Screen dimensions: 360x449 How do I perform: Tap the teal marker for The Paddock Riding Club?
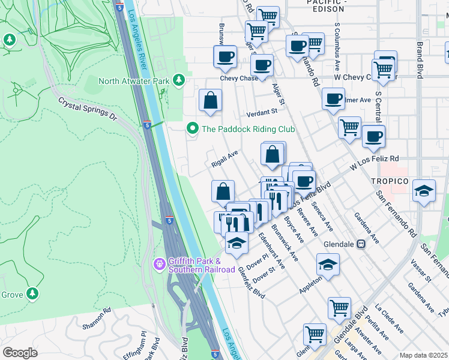(193, 128)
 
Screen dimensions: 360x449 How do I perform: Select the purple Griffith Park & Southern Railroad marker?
(159, 263)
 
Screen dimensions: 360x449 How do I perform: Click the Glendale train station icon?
(361, 244)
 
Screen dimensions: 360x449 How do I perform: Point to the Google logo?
(20, 353)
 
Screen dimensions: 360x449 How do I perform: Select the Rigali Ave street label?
(225, 160)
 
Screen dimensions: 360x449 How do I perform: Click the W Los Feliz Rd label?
(374, 160)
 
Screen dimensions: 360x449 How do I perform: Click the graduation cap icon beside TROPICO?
(424, 191)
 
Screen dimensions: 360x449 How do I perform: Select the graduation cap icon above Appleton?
(328, 264)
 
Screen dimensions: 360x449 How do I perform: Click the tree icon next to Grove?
(34, 294)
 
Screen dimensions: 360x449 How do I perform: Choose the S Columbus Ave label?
(338, 40)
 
